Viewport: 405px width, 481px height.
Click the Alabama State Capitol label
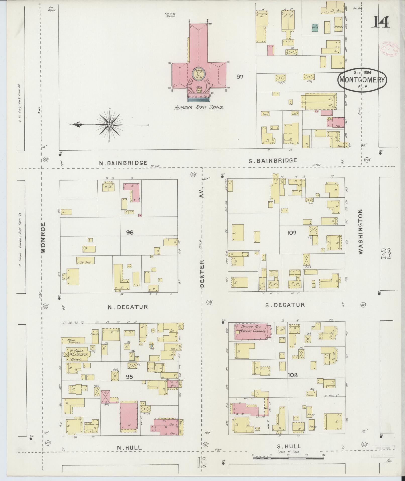click(x=199, y=107)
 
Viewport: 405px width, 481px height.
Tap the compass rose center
click(x=110, y=124)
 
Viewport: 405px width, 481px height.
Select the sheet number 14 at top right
click(x=381, y=22)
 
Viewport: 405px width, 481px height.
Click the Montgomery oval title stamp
click(x=362, y=79)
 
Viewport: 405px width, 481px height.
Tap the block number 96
click(x=130, y=233)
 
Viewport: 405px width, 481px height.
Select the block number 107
click(x=292, y=233)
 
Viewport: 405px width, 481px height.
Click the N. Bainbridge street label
click(x=123, y=163)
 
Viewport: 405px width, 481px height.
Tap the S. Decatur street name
click(x=285, y=305)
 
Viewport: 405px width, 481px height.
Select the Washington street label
click(x=361, y=232)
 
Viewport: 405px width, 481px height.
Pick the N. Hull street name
click(x=129, y=448)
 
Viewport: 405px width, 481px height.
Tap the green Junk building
click(x=315, y=28)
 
